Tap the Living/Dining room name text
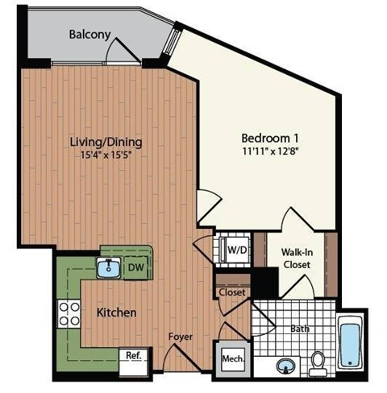(x=106, y=143)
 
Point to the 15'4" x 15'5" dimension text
(x=106, y=155)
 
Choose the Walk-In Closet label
(x=296, y=258)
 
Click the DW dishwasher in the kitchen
(x=136, y=267)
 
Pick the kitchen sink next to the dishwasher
(x=110, y=267)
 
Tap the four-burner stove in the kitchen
(x=67, y=312)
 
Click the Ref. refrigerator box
(x=132, y=355)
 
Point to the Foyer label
(x=180, y=337)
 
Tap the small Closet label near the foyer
(x=232, y=292)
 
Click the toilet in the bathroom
(x=318, y=362)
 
